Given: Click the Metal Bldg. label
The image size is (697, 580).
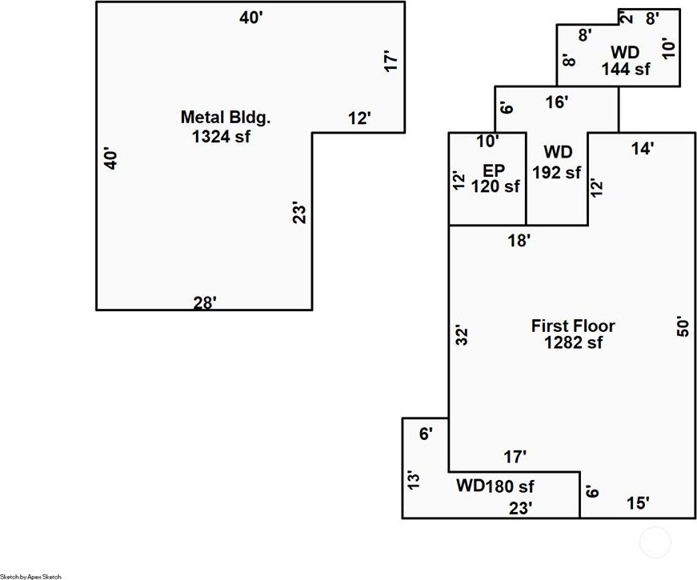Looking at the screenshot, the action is (226, 118).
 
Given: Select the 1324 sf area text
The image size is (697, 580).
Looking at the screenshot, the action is (221, 137).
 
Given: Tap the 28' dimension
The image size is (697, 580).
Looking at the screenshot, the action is (205, 302).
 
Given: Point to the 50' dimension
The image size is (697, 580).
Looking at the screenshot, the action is (683, 326).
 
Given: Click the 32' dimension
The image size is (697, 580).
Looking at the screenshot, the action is (462, 336).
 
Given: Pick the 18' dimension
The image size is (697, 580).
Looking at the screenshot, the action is (519, 241).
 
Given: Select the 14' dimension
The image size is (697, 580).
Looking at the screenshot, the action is (643, 149).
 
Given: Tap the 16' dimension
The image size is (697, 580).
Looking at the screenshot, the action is (556, 102).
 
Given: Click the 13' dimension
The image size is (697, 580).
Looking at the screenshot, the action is (413, 480).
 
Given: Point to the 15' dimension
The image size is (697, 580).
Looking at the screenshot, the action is (638, 503).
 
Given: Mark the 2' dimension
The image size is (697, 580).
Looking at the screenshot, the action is (627, 18).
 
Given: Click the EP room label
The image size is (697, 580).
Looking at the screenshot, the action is (494, 170).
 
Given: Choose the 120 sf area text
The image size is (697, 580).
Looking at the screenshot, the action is (495, 186).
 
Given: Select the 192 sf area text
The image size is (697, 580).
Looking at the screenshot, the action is (556, 172).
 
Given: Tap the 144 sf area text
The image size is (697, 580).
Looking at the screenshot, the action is (626, 69).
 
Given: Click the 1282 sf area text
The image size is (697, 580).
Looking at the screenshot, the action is (574, 342).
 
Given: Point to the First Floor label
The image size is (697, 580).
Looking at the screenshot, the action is (573, 326).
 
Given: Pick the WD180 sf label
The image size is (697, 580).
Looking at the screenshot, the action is (495, 486).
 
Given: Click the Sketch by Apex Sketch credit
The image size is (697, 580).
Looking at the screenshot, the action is (30, 577).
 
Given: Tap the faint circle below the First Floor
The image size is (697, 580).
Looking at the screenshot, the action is (655, 542).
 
